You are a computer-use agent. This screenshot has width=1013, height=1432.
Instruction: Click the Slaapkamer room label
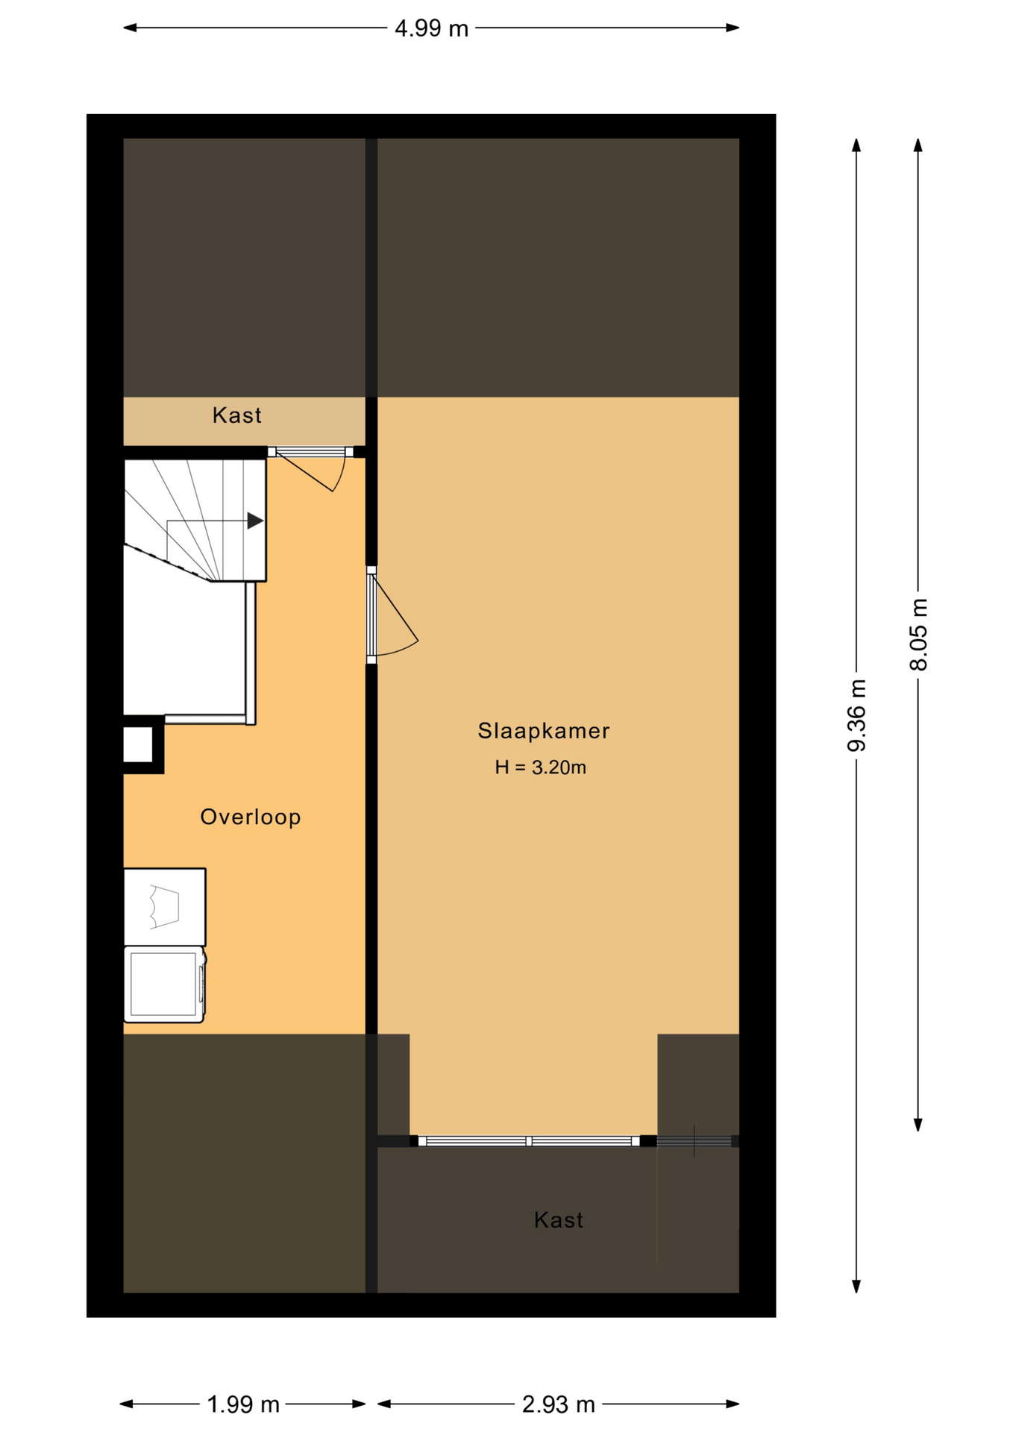coord(543,731)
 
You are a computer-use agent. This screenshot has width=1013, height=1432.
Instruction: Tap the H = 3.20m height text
coord(540,767)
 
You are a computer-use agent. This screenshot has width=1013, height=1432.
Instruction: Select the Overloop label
coord(251,817)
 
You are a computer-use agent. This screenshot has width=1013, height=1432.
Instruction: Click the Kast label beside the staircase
coord(237,415)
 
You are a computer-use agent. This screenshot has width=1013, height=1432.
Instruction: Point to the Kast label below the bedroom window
coord(559,1220)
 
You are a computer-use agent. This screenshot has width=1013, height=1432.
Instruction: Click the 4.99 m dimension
coord(431,28)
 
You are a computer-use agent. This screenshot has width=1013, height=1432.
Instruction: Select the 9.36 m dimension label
coord(857,715)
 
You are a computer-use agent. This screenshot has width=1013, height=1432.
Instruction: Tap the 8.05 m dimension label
coord(919,635)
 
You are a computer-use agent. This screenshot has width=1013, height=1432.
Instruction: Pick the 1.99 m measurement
coord(242,1405)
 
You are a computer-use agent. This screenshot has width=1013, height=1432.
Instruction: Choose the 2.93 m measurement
coord(558,1405)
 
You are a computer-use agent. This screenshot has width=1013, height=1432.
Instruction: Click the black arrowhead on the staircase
coord(255,521)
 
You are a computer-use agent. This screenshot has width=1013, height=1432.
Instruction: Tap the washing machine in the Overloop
coord(165,984)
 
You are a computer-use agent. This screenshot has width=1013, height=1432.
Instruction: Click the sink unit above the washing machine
coord(165,907)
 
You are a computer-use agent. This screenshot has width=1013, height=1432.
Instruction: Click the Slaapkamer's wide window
coord(528,1141)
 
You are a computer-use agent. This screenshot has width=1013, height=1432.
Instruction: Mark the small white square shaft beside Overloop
coord(138,744)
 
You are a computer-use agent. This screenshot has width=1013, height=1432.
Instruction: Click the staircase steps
coord(195,521)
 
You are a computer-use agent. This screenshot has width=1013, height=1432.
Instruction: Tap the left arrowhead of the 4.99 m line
coord(130,28)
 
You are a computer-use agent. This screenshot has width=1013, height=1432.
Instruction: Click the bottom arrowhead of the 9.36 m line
coord(857,1286)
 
